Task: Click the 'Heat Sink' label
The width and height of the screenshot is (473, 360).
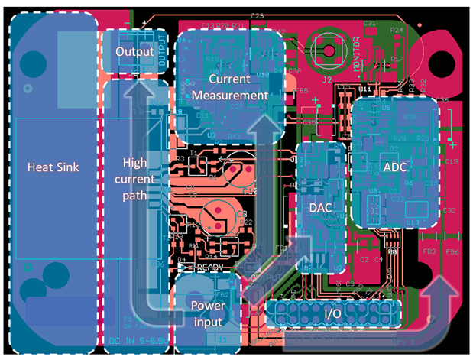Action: [50, 167]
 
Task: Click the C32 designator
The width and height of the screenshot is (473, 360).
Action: [449, 210]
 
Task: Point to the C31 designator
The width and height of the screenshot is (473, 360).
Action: [369, 24]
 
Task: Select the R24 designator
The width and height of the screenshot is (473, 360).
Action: [397, 29]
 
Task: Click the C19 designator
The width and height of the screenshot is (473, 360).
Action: [451, 162]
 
